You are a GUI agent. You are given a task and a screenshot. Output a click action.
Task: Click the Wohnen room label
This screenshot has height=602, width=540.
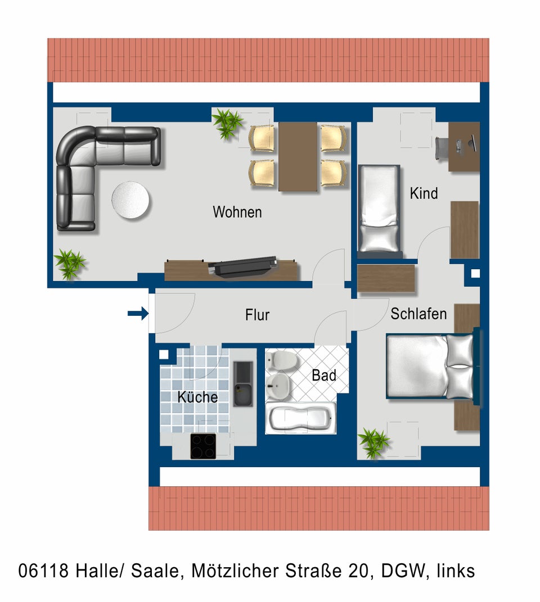pos(237,212)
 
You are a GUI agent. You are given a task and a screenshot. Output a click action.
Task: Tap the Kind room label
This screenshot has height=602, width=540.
pos(424,193)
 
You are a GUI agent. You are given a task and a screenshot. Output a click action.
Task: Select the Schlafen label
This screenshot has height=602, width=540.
pos(418,314)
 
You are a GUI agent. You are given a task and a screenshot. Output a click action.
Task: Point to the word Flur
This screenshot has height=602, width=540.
pos(257,315)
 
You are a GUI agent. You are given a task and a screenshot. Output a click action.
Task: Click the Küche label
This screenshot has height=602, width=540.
pos(197,397)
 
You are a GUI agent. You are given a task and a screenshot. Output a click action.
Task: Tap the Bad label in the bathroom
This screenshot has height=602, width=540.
pos(323,375)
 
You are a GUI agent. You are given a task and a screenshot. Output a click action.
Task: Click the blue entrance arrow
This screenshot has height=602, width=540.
pos(138,313)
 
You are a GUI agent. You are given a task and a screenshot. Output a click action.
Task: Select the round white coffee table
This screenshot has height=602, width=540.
pos(130,200)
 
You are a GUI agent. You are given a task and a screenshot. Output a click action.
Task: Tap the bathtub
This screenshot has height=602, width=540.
pos(300,418)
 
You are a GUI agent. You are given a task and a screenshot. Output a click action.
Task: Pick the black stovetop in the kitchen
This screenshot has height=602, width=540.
pos(203,446)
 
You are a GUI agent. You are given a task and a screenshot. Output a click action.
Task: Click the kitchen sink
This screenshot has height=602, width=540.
pos(243,384)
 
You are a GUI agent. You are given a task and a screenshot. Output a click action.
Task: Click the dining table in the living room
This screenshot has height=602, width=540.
pos(298,156)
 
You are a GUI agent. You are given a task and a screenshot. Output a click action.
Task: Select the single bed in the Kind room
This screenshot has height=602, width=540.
pos(379,210)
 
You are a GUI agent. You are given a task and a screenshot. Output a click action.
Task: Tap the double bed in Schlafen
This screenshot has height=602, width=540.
pos(430,366)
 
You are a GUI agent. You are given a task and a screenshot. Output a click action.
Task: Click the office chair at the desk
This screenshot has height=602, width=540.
pos(442,148)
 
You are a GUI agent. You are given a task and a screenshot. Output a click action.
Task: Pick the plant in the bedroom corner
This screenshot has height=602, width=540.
pos(373,443)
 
